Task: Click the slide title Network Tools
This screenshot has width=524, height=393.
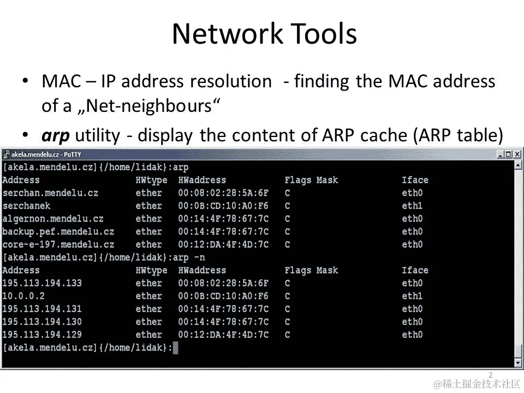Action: click(x=264, y=34)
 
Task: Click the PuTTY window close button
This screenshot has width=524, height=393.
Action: click(x=518, y=154)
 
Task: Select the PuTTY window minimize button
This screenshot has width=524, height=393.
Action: click(x=501, y=154)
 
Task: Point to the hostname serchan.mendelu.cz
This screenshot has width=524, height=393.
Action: click(x=50, y=193)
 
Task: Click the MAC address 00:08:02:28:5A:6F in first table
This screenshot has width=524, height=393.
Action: click(x=223, y=193)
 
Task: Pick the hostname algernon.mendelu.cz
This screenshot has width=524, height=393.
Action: click(x=53, y=219)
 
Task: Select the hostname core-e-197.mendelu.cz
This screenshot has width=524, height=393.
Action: click(x=58, y=245)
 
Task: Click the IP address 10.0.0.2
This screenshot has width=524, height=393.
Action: click(x=23, y=296)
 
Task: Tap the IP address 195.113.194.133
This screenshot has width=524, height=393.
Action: click(x=42, y=283)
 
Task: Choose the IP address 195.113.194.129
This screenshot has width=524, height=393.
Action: click(x=42, y=335)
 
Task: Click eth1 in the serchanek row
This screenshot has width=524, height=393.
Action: click(x=412, y=206)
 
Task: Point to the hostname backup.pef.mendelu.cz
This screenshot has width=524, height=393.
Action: click(x=58, y=231)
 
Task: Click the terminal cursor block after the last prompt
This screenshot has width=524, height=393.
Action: click(x=175, y=348)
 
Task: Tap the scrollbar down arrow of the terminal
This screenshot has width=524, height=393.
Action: click(x=518, y=362)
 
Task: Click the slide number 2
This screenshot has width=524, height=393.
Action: click(x=490, y=375)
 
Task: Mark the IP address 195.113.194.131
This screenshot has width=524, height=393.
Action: click(x=42, y=309)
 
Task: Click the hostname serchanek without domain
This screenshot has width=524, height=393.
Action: click(x=26, y=206)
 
